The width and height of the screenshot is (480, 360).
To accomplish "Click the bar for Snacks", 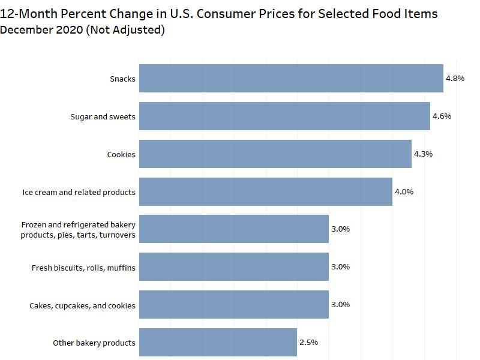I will click(x=291, y=79).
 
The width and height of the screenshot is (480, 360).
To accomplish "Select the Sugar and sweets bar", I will click(x=284, y=116).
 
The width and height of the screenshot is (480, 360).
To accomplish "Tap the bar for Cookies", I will click(x=275, y=154).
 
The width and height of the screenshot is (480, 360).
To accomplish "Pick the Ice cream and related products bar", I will click(x=266, y=192).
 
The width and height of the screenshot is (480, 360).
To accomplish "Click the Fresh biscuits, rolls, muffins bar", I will click(x=234, y=267).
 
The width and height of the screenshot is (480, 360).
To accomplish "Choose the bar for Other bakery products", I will click(x=218, y=343).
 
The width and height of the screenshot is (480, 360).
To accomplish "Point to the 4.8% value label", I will click(x=455, y=79).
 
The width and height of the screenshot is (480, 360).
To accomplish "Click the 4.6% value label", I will click(x=442, y=116).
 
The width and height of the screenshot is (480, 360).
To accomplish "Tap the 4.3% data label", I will click(x=423, y=154).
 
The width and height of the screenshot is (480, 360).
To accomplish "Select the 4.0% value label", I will click(x=404, y=192).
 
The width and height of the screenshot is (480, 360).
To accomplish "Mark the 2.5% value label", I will click(x=308, y=343).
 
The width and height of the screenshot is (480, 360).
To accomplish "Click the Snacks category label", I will click(x=122, y=79).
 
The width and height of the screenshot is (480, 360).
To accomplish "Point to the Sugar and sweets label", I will click(x=103, y=117).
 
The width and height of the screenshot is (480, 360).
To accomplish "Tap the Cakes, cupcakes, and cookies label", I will click(x=82, y=305).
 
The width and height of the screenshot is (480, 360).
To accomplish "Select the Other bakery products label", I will click(x=94, y=343).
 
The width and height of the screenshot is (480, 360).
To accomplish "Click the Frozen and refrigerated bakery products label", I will click(x=78, y=230).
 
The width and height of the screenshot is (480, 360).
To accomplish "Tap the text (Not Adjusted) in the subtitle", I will click(x=125, y=29).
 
